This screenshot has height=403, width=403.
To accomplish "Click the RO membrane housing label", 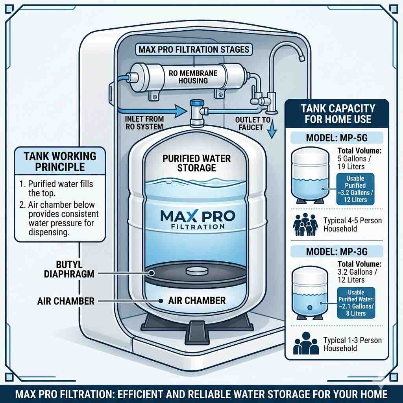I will click(188, 76).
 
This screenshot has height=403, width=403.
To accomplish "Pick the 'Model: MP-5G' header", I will click(336, 138).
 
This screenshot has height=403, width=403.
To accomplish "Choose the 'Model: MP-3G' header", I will click(336, 251).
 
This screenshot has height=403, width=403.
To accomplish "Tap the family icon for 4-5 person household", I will click(305, 224).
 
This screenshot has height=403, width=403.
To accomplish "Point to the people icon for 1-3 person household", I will click(305, 344).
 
